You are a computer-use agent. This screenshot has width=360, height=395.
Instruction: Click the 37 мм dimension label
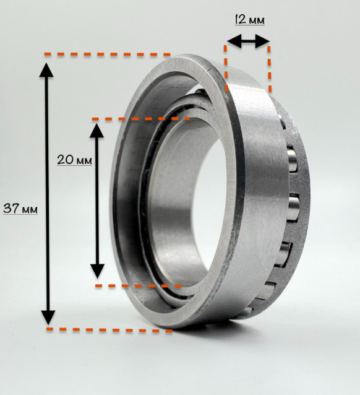20,208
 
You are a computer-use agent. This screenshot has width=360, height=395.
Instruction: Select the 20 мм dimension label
74,160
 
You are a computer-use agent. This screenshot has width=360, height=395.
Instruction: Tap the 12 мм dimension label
249,19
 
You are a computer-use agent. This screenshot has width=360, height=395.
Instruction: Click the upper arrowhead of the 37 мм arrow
46,70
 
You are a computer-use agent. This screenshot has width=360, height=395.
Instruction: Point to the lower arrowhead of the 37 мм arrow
48,318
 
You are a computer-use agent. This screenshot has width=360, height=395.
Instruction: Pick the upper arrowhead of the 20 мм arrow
96,131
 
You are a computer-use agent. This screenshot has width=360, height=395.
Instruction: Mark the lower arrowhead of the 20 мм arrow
98,271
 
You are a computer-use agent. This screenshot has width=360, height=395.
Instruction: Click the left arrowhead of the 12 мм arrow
234,41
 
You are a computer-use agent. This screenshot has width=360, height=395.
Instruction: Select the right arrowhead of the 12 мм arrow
262,41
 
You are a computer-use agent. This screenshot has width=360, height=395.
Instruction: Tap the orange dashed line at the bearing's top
108,54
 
